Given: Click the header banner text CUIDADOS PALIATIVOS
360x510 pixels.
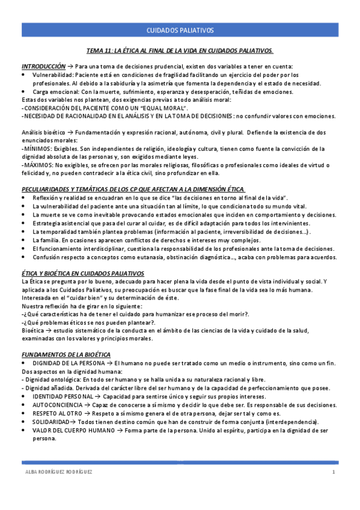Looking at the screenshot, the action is pyautogui.click(x=180, y=30).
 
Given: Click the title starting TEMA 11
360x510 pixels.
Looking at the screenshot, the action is pyautogui.click(x=180, y=51).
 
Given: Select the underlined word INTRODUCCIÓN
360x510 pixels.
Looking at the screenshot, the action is pyautogui.click(x=43, y=66).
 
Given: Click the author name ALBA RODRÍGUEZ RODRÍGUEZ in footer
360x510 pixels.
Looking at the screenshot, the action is pyautogui.click(x=57, y=472).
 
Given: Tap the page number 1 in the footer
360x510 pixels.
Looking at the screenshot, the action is pyautogui.click(x=334, y=472).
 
